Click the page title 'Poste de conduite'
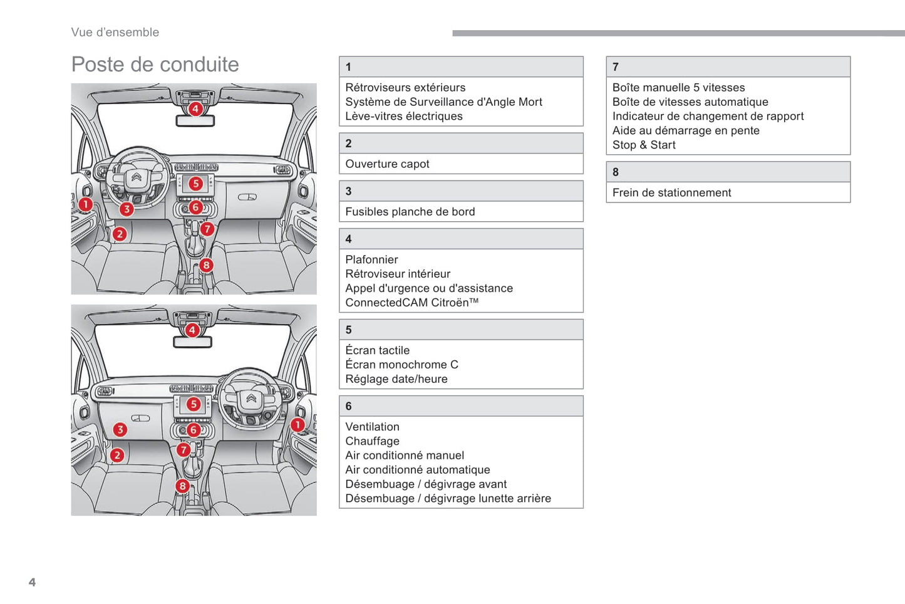click(155, 65)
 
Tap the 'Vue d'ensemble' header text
click(115, 33)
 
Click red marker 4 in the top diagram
click(195, 109)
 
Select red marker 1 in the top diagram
click(86, 204)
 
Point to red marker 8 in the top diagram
click(206, 265)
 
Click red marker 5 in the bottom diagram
click(194, 404)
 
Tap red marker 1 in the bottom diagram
click(297, 425)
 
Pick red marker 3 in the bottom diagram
click(120, 429)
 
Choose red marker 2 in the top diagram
click(120, 234)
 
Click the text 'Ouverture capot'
click(387, 164)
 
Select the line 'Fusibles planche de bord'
click(410, 212)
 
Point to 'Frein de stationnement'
click(671, 193)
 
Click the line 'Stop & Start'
click(644, 145)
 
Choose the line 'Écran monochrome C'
click(401, 365)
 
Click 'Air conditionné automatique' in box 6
click(417, 470)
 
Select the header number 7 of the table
click(616, 67)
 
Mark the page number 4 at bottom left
click(32, 582)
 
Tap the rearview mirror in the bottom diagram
click(192, 342)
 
